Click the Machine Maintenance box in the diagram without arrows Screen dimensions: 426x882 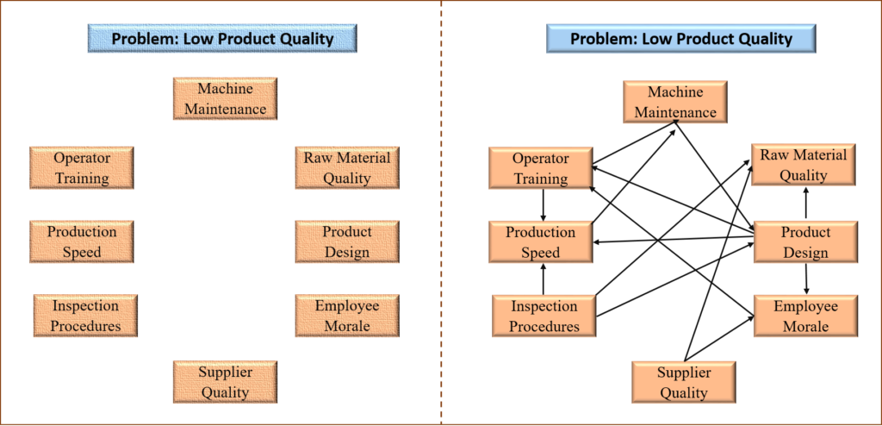pyautogui.click(x=225, y=99)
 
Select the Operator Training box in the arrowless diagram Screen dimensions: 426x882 pyautogui.click(x=82, y=168)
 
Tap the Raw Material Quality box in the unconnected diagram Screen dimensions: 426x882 pyautogui.click(x=346, y=168)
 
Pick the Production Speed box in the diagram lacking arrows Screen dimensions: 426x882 pyautogui.click(x=82, y=242)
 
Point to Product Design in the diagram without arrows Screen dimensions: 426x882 pyautogui.click(x=346, y=242)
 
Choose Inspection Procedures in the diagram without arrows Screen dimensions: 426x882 pyautogui.click(x=85, y=316)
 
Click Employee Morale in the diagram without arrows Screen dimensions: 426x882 pyautogui.click(x=346, y=316)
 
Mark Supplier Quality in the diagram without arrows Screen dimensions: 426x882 pyautogui.click(x=225, y=382)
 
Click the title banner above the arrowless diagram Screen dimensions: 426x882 pyautogui.click(x=222, y=39)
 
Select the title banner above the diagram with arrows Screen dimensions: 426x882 pyautogui.click(x=680, y=39)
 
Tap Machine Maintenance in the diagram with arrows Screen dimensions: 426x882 pyautogui.click(x=675, y=103)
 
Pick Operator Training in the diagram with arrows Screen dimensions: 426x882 pyautogui.click(x=541, y=168)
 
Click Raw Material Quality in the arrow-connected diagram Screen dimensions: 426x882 pyautogui.click(x=803, y=165)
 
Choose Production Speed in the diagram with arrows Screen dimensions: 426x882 pyautogui.click(x=541, y=242)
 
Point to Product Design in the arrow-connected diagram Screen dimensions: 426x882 pyautogui.click(x=805, y=242)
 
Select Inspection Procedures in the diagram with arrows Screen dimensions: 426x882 pyautogui.click(x=543, y=316)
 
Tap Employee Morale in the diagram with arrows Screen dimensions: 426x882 pyautogui.click(x=805, y=316)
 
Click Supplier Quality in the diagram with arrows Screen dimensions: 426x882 pyautogui.click(x=684, y=382)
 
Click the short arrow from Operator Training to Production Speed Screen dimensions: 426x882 pyautogui.click(x=543, y=205)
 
